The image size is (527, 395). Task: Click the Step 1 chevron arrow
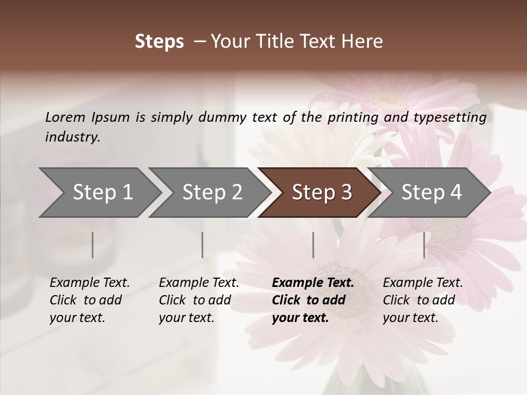[102, 193]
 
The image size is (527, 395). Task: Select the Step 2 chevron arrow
[212, 193]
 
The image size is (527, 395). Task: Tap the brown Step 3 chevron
[322, 193]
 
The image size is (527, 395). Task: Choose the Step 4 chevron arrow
[431, 193]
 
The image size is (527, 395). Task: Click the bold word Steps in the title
[159, 42]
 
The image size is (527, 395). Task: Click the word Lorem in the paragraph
[65, 117]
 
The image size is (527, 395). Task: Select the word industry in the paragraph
[72, 137]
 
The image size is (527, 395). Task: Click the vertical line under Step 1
[93, 245]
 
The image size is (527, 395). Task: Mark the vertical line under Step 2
[203, 245]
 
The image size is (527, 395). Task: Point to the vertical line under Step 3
[313, 245]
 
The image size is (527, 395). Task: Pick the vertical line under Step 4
[424, 245]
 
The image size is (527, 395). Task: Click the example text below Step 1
[89, 300]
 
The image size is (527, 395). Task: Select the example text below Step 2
[199, 300]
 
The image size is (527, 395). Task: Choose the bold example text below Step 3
[313, 300]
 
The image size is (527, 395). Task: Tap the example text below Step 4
[423, 300]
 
